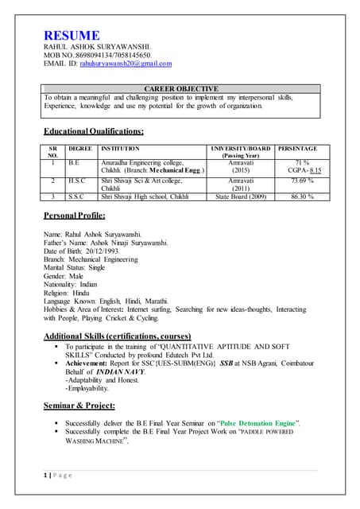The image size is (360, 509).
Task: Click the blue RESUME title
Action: (x=72, y=36)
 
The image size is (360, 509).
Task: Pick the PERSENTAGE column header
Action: (x=298, y=149)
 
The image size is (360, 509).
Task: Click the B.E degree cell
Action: (x=74, y=162)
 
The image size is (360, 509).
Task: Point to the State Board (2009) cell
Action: (x=241, y=196)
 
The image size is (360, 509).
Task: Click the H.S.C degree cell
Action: (x=75, y=181)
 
